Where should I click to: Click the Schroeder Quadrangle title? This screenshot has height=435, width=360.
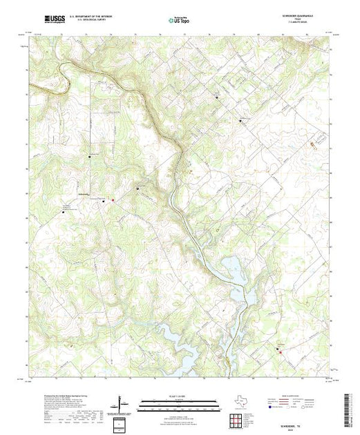tap(303, 16)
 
